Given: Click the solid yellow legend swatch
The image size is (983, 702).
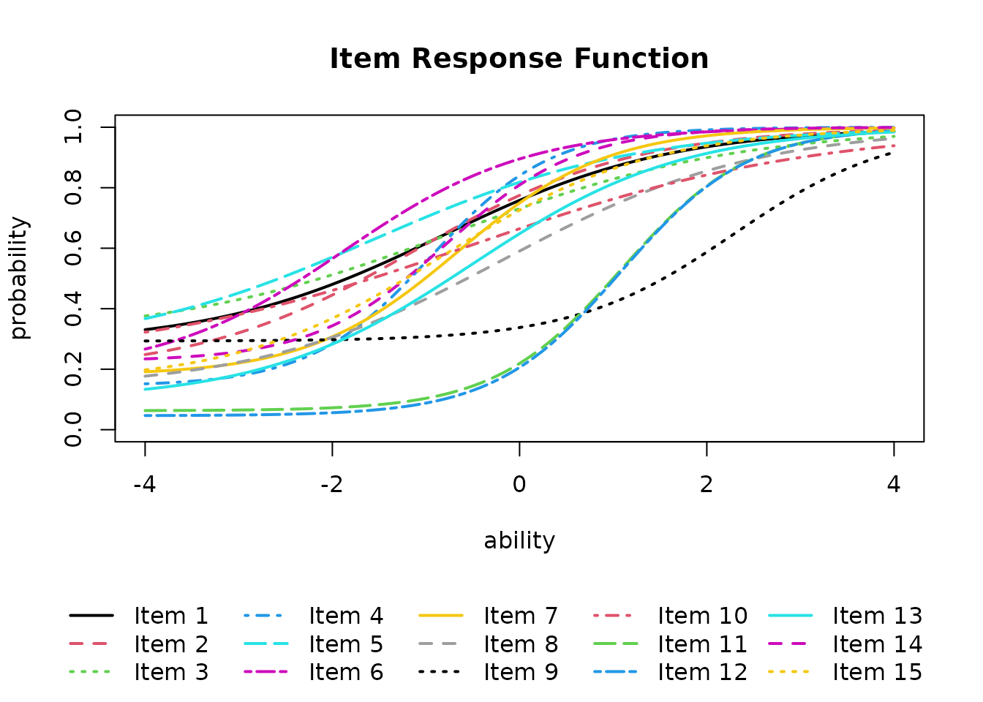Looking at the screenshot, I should [441, 616].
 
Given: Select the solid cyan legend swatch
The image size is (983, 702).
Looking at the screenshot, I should [790, 616].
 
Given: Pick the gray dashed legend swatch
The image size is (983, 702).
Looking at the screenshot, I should [437, 643].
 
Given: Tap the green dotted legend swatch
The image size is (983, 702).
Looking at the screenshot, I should [89, 671].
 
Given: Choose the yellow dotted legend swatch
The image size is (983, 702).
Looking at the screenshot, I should [788, 671].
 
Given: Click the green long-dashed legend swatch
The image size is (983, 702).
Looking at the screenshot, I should [615, 643].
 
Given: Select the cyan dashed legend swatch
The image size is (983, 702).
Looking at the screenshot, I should [265, 643].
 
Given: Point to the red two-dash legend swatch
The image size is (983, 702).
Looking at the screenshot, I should [88, 643].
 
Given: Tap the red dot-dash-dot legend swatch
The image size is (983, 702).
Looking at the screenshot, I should [612, 616].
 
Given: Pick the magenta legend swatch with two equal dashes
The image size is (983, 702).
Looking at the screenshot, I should [787, 643].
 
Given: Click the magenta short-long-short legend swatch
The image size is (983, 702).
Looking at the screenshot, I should [265, 671].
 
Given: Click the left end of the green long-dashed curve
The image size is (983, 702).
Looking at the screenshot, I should [145, 410].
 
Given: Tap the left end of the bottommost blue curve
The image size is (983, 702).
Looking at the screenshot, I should [145, 415].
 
